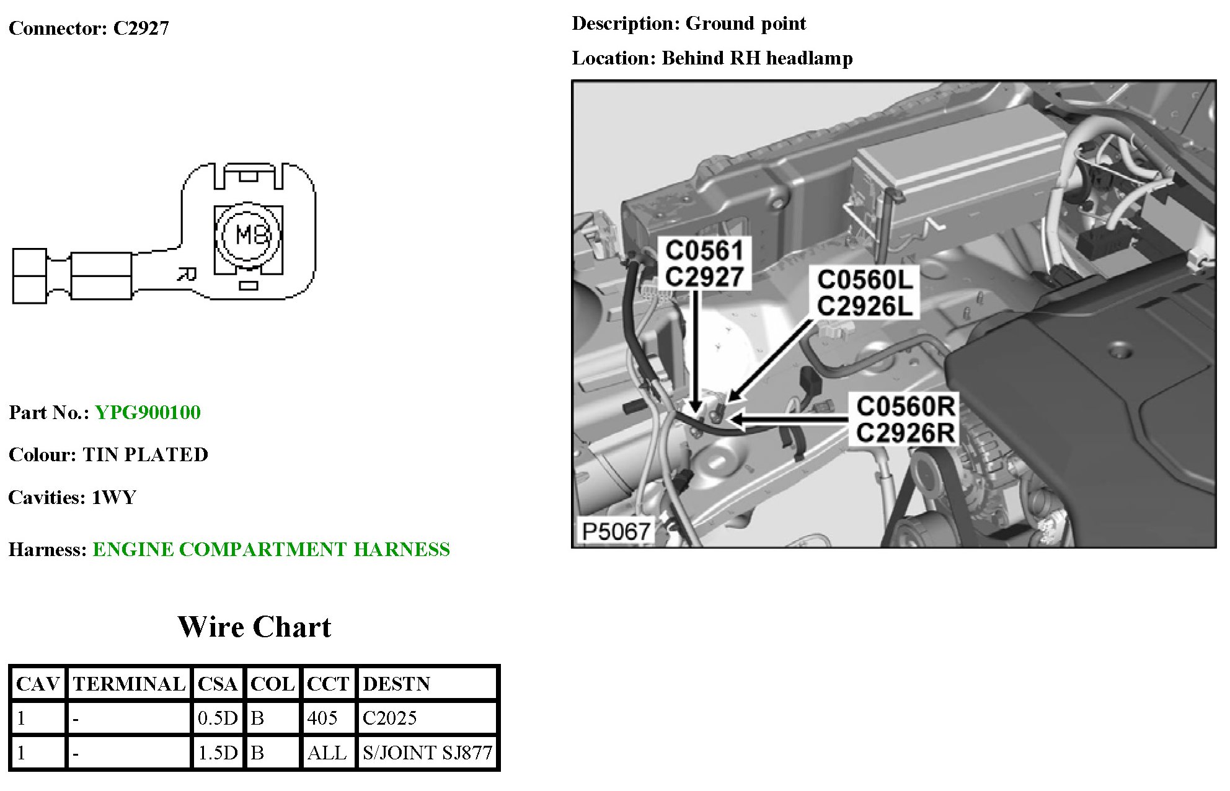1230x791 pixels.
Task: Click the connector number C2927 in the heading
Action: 141,29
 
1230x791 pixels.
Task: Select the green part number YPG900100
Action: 148,413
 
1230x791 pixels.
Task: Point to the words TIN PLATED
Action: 146,455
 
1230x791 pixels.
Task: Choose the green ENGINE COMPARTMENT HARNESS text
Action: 271,550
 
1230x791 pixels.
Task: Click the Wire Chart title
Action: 254,627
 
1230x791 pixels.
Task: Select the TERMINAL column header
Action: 129,684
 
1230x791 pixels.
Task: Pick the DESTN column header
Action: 396,684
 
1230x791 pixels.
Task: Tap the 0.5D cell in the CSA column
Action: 218,718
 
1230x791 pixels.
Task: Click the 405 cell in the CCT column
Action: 322,718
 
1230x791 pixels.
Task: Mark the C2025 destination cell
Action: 389,718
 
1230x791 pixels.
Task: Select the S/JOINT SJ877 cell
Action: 427,753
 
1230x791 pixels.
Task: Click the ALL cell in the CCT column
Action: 327,753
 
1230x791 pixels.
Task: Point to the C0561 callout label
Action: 704,251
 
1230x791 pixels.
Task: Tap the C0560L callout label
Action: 865,280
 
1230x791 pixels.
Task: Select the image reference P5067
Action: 616,532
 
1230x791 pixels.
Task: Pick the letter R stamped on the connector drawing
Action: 186,273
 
